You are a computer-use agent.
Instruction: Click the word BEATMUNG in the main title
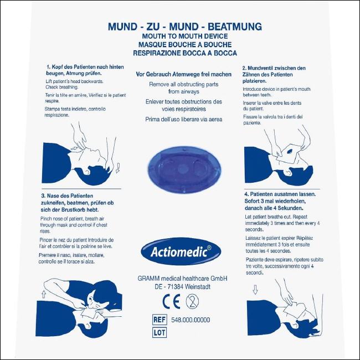(x=235, y=27)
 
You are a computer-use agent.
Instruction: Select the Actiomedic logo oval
(x=181, y=251)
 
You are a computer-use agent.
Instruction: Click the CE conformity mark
(x=171, y=301)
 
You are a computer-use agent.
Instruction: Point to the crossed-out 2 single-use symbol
(x=192, y=301)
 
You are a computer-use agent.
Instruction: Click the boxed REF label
(x=160, y=320)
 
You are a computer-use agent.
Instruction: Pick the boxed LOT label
(x=160, y=332)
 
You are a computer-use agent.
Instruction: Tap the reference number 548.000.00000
(x=191, y=320)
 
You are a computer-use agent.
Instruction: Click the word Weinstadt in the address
(x=198, y=287)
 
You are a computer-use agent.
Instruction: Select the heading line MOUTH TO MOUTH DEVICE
(x=185, y=36)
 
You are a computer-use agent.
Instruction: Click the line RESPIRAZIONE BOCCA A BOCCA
(x=185, y=53)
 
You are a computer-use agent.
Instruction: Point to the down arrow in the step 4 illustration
(x=255, y=289)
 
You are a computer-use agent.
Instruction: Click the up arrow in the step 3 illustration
(x=44, y=294)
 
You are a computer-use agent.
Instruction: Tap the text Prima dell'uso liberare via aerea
(x=184, y=120)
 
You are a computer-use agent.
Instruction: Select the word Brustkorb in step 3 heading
(x=73, y=210)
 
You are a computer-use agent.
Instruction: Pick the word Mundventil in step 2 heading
(x=261, y=68)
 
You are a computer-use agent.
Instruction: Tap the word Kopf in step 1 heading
(x=57, y=67)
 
